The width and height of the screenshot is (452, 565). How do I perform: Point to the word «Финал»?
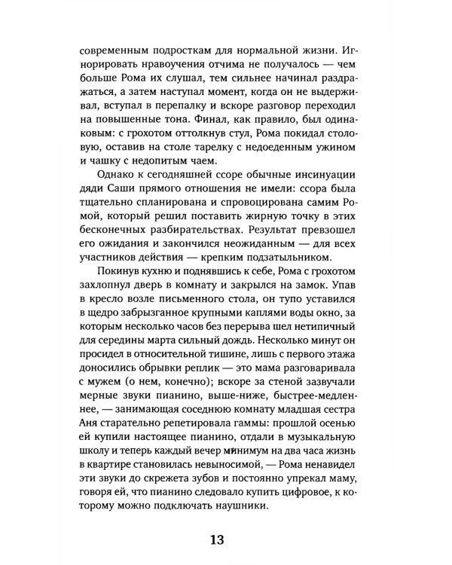205,118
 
